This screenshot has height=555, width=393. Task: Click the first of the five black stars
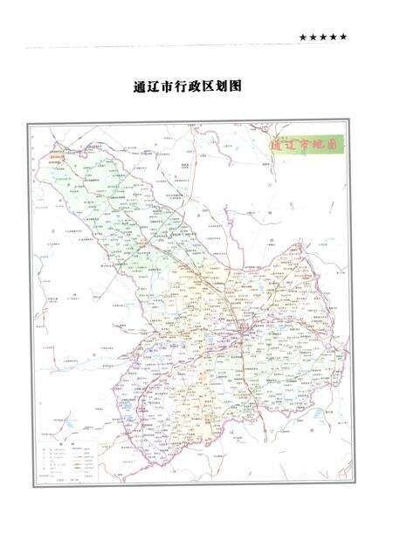click(x=302, y=37)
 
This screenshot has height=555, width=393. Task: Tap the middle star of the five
click(x=323, y=37)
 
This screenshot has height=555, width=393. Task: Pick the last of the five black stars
click(x=344, y=37)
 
